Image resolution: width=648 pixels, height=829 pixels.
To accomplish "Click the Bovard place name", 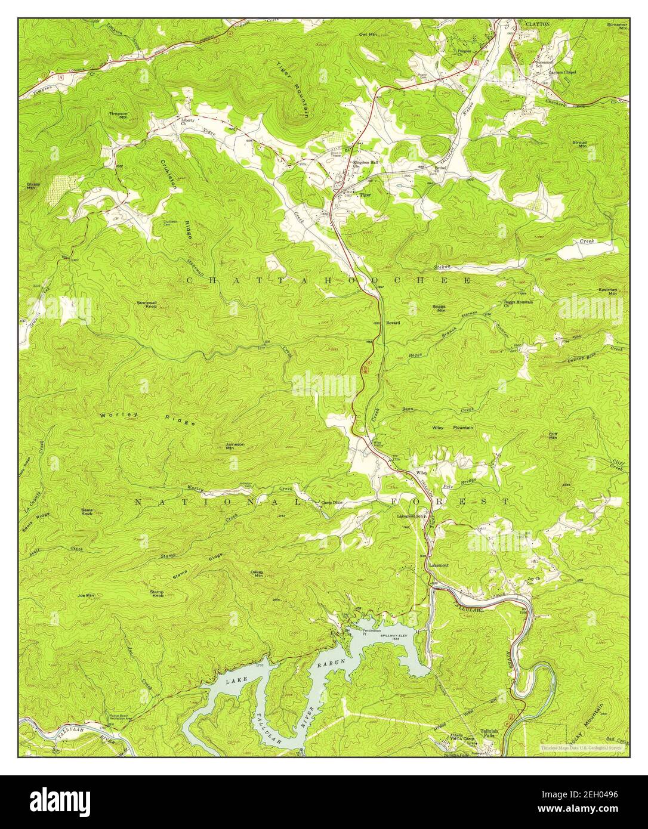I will click(393, 322).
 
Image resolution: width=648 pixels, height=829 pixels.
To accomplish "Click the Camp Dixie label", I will click(333, 502).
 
